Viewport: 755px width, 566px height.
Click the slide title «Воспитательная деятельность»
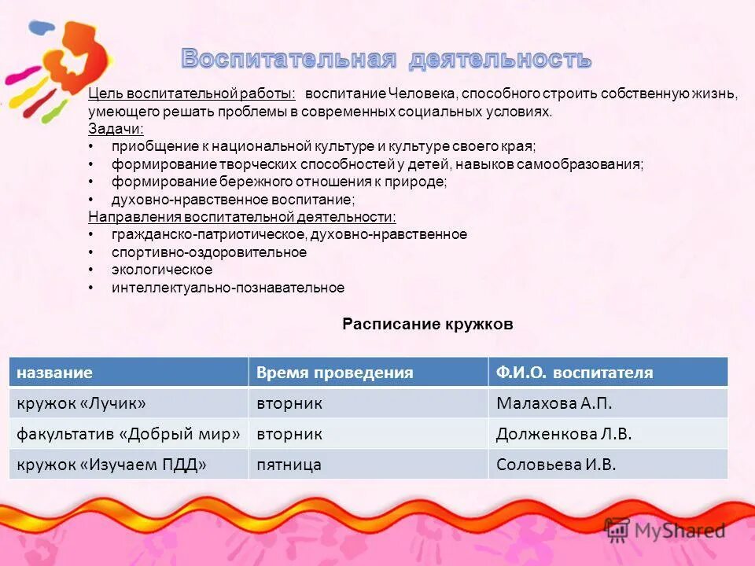(386, 59)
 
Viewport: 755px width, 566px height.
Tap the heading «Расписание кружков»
(428, 324)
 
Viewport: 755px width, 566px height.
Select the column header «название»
(55, 373)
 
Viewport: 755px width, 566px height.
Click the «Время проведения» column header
(335, 373)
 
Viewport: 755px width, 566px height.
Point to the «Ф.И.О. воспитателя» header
(575, 373)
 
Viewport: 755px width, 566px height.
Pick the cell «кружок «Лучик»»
(82, 403)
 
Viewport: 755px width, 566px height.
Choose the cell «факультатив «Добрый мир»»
(128, 434)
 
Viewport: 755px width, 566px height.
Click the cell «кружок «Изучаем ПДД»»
(112, 465)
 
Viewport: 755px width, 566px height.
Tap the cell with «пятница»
(289, 465)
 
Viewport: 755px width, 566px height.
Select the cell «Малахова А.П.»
(554, 403)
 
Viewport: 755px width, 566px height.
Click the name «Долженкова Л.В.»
(564, 434)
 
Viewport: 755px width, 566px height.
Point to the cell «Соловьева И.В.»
(556, 465)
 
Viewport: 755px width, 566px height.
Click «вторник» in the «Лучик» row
(289, 403)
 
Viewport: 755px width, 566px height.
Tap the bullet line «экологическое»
(162, 270)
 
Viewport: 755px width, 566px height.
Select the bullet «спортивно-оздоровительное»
(209, 252)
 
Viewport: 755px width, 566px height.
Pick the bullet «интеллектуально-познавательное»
(228, 288)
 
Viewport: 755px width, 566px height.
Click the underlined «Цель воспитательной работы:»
(192, 94)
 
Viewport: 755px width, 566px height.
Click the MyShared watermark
(665, 531)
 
